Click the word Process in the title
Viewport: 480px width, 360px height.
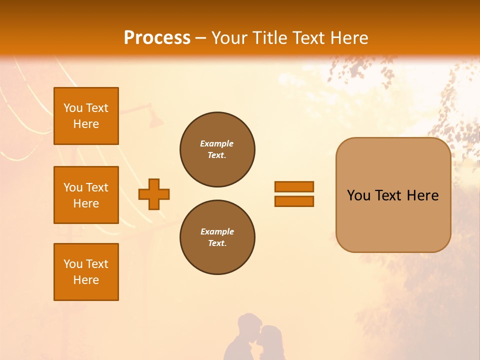pyautogui.click(x=157, y=38)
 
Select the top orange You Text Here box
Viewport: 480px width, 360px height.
pyautogui.click(x=86, y=116)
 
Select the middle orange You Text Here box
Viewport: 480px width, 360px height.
pyautogui.click(x=86, y=195)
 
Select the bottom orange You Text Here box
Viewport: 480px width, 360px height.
pyautogui.click(x=86, y=272)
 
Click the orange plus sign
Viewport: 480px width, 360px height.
pyautogui.click(x=154, y=194)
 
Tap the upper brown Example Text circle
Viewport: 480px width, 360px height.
pyautogui.click(x=217, y=149)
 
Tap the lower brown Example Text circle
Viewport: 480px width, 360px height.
pyautogui.click(x=217, y=237)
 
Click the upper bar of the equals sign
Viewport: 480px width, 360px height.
pyautogui.click(x=294, y=186)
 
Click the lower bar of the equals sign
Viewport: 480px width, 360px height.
pyautogui.click(x=294, y=201)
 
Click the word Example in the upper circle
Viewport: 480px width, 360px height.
pyautogui.click(x=217, y=143)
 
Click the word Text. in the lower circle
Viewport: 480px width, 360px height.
pyautogui.click(x=217, y=243)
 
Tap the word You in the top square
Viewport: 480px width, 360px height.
pyautogui.click(x=73, y=108)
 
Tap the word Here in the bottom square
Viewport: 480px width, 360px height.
pyautogui.click(x=86, y=280)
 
